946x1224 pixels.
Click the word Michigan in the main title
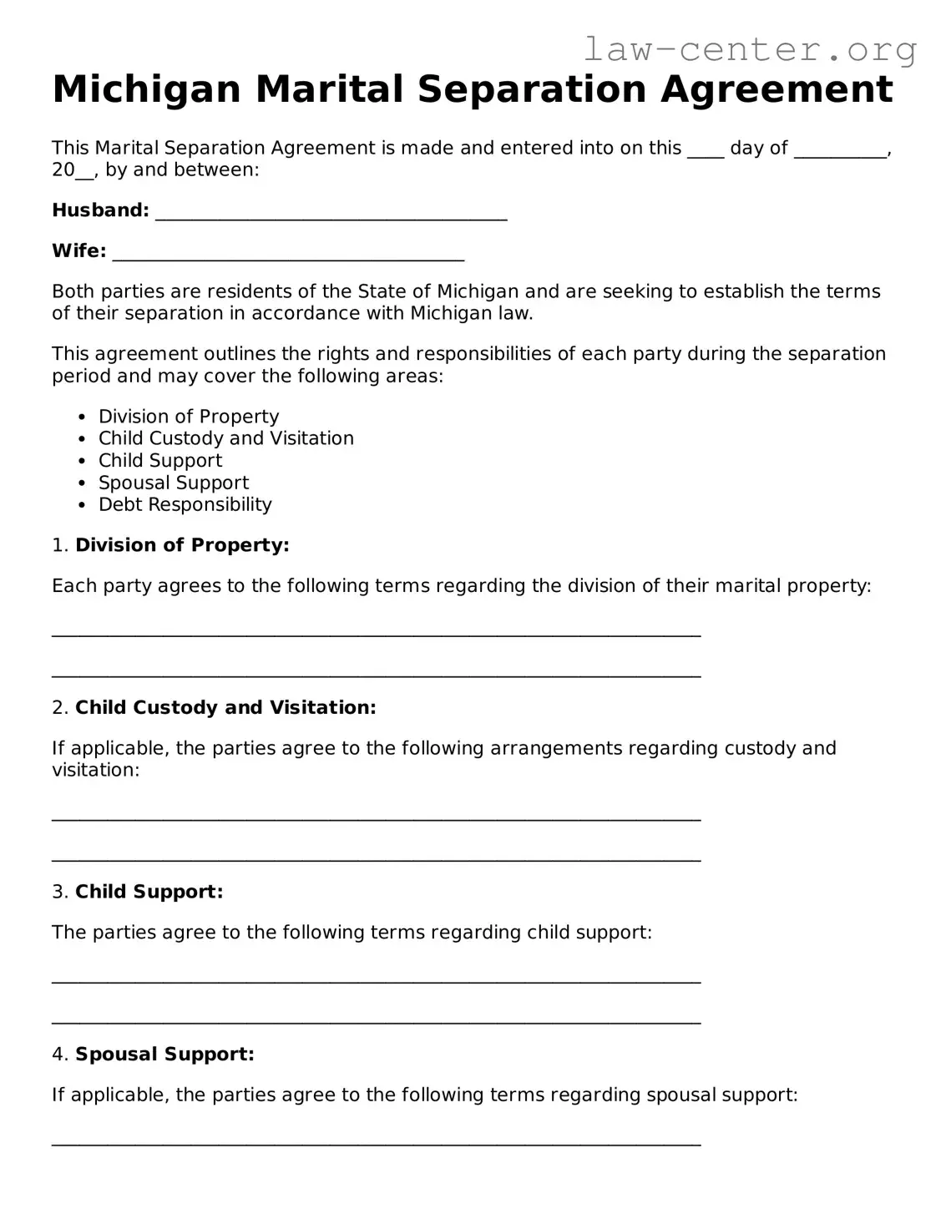tap(146, 89)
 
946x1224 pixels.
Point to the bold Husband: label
tap(100, 210)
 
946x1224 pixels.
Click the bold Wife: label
tap(78, 251)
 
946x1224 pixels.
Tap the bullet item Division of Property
tap(189, 417)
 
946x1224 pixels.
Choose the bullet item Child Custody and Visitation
tap(225, 438)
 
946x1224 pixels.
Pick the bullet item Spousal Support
tap(174, 483)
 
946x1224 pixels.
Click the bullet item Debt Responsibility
tap(185, 504)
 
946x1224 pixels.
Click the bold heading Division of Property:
tap(182, 545)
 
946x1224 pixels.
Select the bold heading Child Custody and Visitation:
tap(225, 708)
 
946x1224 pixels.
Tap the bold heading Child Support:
tap(149, 892)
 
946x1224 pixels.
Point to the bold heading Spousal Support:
tap(164, 1055)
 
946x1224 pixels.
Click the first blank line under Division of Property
tap(376, 635)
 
